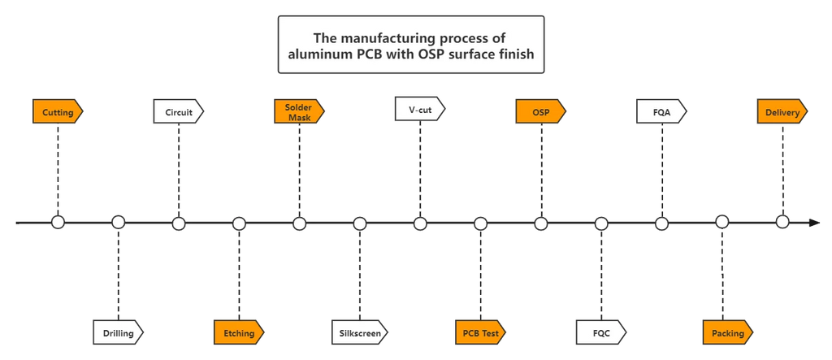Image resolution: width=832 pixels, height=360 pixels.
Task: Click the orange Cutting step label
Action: [x=58, y=112]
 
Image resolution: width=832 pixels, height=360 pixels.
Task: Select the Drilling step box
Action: [x=118, y=332]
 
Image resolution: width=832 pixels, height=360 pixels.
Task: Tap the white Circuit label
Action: [x=179, y=112]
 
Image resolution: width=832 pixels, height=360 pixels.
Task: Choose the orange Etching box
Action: [x=239, y=332]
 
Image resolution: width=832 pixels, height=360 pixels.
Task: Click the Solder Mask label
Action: [x=299, y=112]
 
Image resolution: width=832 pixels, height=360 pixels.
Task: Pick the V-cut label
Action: [x=420, y=109]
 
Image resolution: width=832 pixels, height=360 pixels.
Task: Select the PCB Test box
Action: [x=480, y=332]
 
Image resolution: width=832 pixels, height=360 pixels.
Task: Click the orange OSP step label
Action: [x=540, y=112]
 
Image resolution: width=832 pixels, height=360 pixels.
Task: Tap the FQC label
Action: [x=601, y=332]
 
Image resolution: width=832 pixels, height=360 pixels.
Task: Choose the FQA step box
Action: [x=661, y=112]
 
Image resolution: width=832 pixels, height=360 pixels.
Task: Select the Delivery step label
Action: [x=782, y=112]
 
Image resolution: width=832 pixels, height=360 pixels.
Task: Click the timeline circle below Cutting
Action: [x=58, y=223]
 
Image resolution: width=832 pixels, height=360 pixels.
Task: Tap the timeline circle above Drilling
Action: [x=118, y=223]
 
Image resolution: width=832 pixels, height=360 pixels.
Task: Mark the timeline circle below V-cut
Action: [x=420, y=223]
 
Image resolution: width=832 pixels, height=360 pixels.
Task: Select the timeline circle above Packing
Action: [x=721, y=223]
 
